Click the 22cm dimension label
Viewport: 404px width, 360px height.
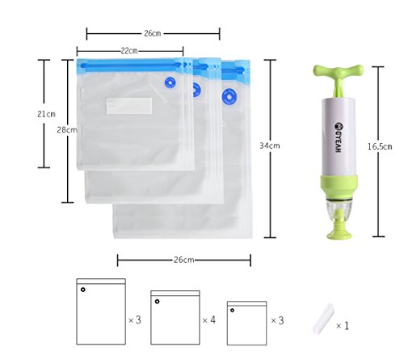tap(129, 51)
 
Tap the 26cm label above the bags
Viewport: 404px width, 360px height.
tap(153, 33)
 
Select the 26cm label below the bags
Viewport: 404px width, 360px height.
tap(183, 260)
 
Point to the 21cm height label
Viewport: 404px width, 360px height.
tap(46, 114)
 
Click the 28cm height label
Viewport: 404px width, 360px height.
tap(67, 130)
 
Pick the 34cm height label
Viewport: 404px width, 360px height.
tap(270, 146)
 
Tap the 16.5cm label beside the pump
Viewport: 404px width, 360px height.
tap(380, 146)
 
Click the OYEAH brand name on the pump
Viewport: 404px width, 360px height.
tap(339, 138)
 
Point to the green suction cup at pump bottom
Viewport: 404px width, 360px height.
tap(339, 230)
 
